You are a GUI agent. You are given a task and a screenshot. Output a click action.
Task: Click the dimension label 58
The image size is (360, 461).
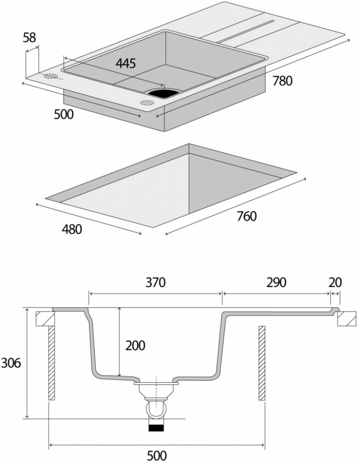[x=30, y=38]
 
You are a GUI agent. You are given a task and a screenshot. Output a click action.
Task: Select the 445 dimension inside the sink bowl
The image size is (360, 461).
[x=125, y=63]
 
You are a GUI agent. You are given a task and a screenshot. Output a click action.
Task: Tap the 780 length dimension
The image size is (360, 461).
[x=282, y=81]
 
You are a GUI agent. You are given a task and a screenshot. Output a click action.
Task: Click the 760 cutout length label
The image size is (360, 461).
[x=246, y=216]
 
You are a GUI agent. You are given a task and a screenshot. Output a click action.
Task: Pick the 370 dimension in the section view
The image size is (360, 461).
[x=155, y=282]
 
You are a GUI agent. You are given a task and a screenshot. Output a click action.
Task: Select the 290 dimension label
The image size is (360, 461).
[x=276, y=282]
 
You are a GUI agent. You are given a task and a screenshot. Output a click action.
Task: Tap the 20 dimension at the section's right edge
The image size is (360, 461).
[x=335, y=282]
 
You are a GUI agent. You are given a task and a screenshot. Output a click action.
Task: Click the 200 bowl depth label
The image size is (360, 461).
[x=135, y=345]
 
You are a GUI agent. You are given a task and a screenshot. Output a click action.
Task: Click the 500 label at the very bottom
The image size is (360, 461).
[x=156, y=455]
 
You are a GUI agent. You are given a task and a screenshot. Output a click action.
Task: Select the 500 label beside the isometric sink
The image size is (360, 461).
[x=64, y=114]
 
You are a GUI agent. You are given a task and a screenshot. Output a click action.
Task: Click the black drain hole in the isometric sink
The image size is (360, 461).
[x=162, y=93]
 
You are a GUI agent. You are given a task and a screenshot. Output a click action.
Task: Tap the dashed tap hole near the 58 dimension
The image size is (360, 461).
[x=51, y=77]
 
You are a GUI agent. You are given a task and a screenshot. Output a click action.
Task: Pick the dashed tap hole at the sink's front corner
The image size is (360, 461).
[x=148, y=102]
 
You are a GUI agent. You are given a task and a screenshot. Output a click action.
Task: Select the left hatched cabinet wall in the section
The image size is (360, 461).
[x=52, y=362]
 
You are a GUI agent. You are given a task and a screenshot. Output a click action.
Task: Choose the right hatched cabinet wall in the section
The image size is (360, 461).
[x=262, y=362]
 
